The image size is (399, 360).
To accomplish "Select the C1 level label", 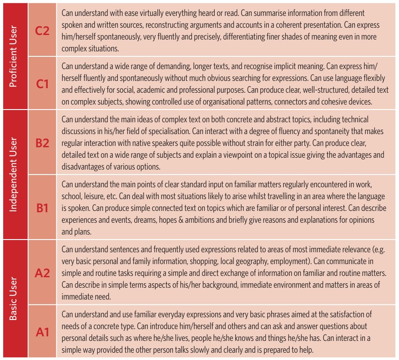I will (x=42, y=83).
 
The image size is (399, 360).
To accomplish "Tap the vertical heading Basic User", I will (x=13, y=299).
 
